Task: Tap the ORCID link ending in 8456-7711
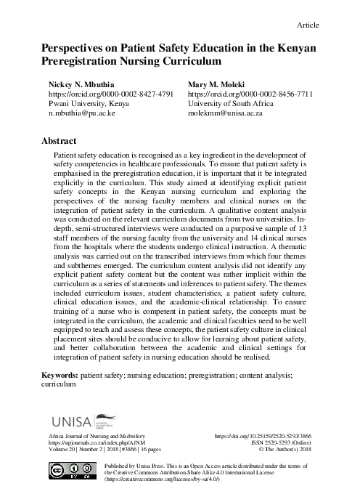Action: click(x=250, y=94)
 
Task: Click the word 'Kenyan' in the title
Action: click(x=294, y=47)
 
